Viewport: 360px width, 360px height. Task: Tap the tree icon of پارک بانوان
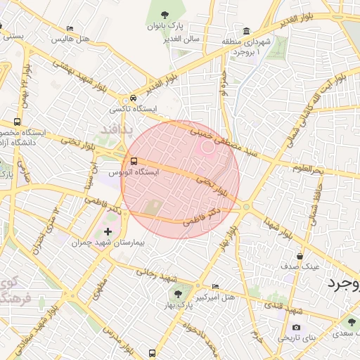click(x=165, y=15)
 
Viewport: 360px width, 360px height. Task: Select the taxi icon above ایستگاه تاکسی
click(x=133, y=99)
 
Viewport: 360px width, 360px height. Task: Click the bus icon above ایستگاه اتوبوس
click(x=134, y=161)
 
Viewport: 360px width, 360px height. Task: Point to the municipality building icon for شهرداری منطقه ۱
click(x=246, y=31)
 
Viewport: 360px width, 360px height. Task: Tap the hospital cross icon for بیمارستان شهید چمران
click(x=108, y=231)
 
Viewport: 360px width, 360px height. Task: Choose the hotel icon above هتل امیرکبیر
click(x=215, y=286)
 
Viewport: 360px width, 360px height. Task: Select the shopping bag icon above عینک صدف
click(x=300, y=257)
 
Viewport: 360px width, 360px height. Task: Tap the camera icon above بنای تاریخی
click(x=296, y=328)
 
